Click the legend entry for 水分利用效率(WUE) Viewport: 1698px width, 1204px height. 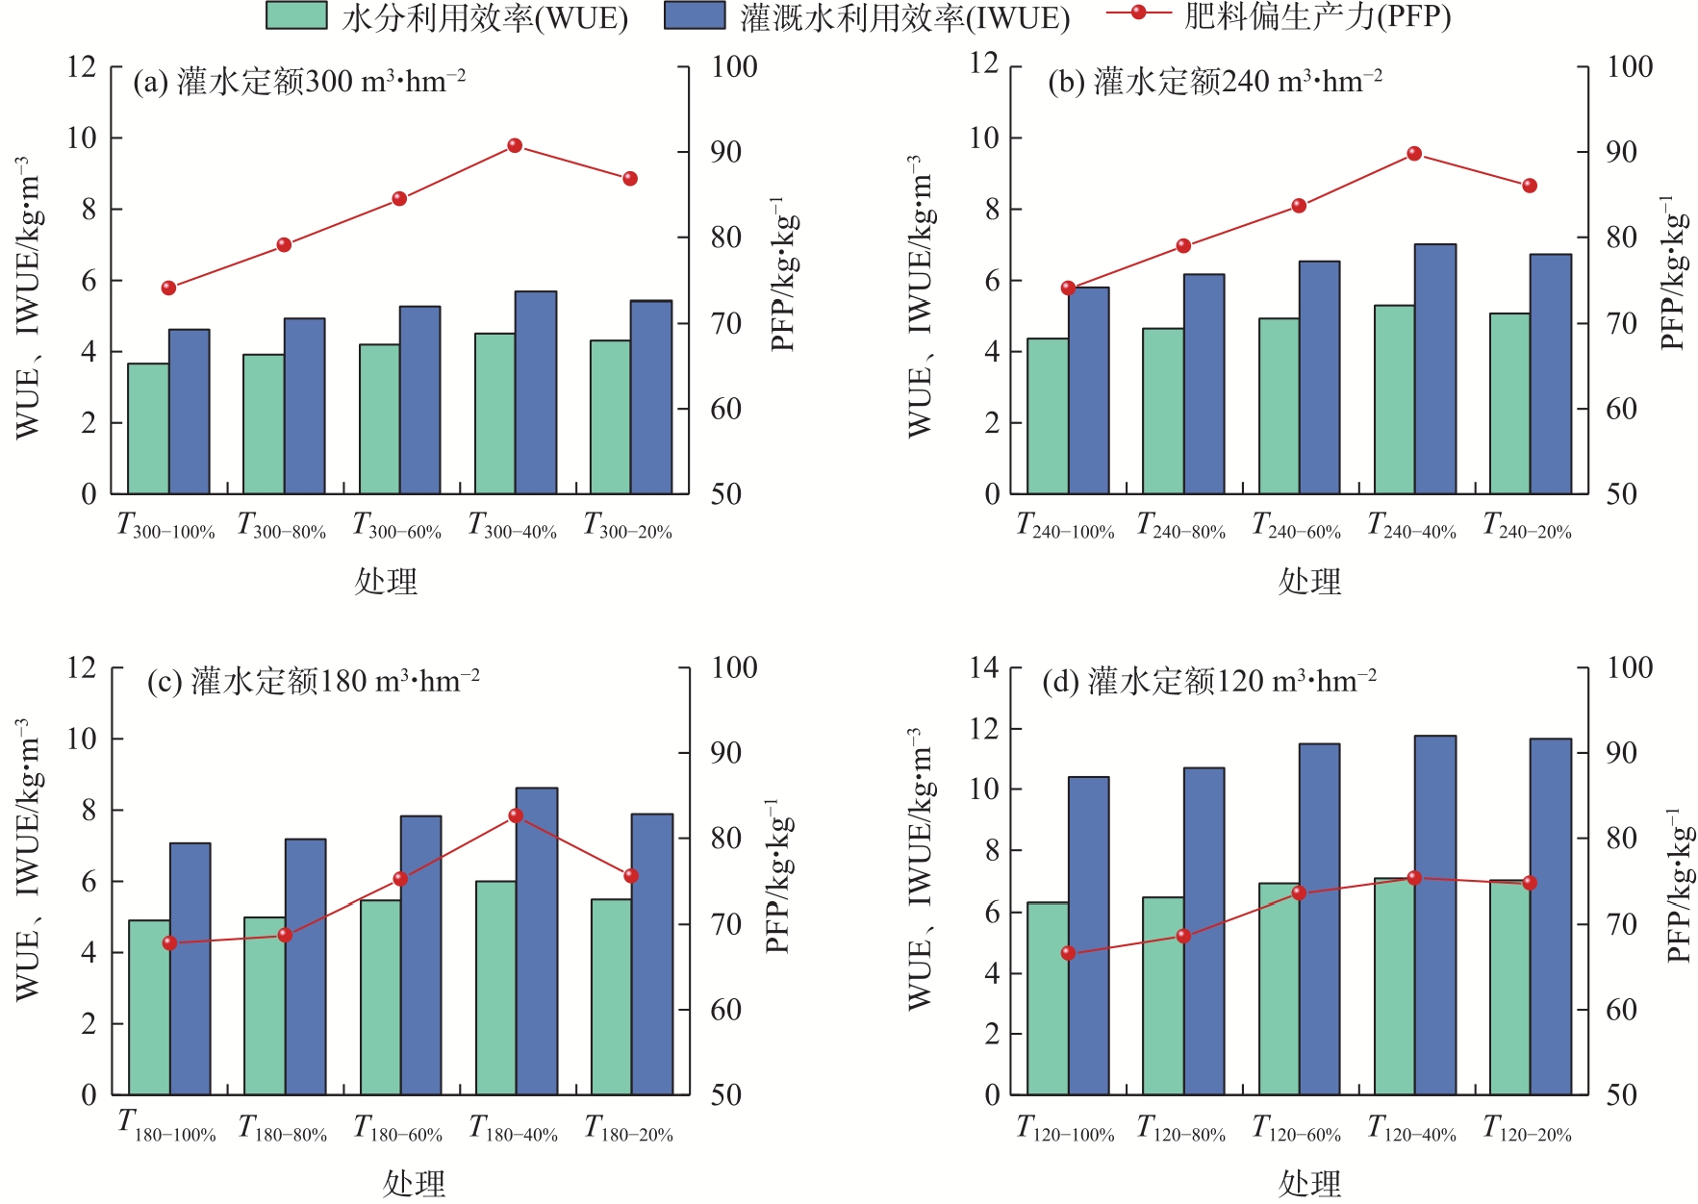pos(446,16)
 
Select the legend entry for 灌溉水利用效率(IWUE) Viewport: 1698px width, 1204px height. pos(866,16)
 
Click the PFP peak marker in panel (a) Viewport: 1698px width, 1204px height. pos(515,146)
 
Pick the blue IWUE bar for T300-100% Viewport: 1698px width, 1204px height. pos(190,412)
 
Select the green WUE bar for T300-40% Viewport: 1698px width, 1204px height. pos(494,414)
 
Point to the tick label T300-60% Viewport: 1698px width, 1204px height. pos(397,526)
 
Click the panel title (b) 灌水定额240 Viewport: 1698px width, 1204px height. pos(1215,82)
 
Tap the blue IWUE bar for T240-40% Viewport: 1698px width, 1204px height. pos(1434,369)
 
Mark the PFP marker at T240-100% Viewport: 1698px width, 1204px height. pos(1068,288)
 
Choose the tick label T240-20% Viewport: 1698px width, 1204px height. pos(1527,526)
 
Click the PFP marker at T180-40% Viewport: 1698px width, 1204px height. pos(516,815)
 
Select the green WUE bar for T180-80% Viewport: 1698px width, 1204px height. pos(265,1006)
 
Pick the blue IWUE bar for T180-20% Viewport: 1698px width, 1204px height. pos(652,954)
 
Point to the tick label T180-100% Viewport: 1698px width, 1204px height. pos(166,1127)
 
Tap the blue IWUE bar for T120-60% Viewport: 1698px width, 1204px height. pos(1319,918)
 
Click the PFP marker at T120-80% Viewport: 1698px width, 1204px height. pos(1183,936)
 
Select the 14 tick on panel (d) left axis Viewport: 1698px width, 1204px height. pos(984,667)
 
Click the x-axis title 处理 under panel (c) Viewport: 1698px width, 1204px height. pos(414,1183)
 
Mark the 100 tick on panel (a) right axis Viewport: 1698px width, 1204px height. pos(734,67)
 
